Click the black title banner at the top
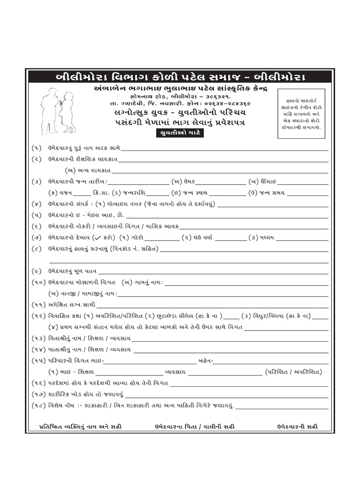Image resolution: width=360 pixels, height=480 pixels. click(180, 76)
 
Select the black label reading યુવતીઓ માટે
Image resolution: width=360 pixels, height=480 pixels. click(180, 133)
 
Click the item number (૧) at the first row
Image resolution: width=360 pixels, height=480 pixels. click(37, 148)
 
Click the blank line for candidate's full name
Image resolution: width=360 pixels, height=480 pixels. click(225, 149)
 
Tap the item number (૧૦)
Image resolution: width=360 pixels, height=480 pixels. click(38, 283)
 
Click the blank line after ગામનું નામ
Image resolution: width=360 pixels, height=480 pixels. click(246, 283)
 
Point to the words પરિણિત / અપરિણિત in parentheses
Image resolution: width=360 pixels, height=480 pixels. click(293, 372)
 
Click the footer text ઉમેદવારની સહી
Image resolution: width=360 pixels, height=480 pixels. click(297, 427)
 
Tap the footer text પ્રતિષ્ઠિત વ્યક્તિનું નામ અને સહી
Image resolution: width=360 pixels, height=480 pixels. click(82, 427)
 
